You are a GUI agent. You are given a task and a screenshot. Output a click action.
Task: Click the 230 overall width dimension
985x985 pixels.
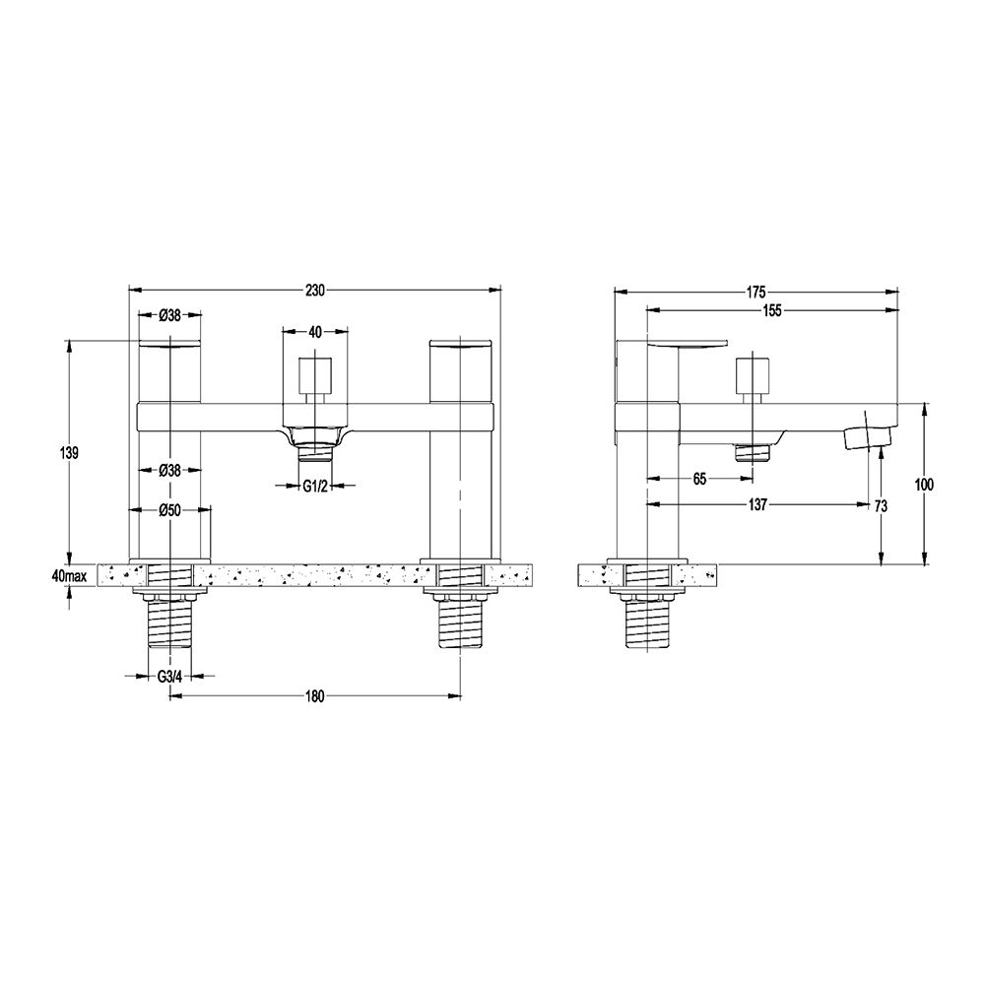click(x=314, y=291)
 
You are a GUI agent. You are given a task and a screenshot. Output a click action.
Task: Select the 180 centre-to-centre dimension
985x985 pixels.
click(x=314, y=696)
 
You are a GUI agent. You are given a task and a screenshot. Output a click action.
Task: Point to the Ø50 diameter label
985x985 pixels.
click(x=170, y=509)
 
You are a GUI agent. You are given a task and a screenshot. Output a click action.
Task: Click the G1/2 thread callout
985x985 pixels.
click(x=315, y=486)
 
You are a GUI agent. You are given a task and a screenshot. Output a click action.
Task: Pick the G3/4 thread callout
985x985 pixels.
click(x=170, y=676)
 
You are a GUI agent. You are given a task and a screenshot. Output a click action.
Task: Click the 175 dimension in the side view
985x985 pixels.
click(x=755, y=291)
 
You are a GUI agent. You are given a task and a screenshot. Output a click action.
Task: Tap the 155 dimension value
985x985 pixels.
click(x=771, y=310)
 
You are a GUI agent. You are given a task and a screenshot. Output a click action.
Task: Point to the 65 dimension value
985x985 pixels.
click(x=700, y=479)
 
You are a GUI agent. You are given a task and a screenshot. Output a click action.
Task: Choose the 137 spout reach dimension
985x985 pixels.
click(x=757, y=505)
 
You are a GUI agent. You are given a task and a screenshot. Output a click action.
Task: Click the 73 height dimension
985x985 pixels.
click(x=880, y=506)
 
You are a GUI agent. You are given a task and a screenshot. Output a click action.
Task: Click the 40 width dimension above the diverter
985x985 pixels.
click(x=315, y=332)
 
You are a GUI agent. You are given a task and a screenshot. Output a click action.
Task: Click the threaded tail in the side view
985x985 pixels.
click(x=646, y=624)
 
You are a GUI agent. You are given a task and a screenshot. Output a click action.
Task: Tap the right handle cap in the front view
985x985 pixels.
click(x=461, y=345)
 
